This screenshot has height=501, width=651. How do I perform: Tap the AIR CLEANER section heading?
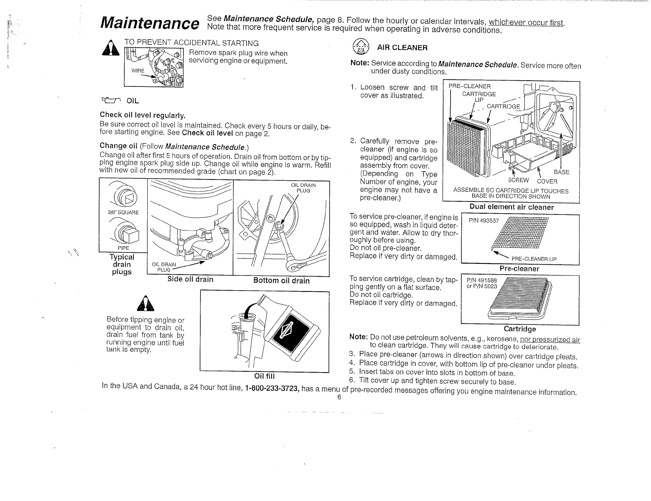click(x=402, y=48)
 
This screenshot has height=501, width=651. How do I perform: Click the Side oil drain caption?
click(x=190, y=280)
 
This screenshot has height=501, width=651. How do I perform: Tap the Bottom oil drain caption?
click(x=281, y=281)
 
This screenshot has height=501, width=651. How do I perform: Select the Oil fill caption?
click(x=264, y=376)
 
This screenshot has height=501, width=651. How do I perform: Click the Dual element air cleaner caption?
click(x=511, y=207)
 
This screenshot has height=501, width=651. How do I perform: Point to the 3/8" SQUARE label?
click(x=123, y=212)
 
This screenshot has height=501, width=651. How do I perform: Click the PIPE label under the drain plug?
click(x=123, y=248)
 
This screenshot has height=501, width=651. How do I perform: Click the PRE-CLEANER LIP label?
click(x=534, y=259)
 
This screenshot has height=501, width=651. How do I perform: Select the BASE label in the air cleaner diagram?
click(x=561, y=172)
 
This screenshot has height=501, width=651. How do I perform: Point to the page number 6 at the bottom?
click(x=339, y=397)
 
